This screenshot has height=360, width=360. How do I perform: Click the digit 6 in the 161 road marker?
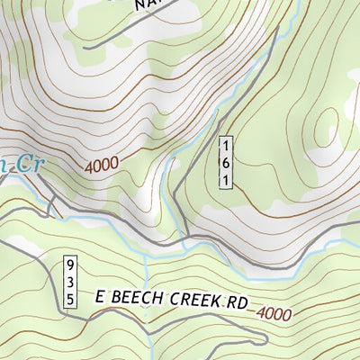click(x=229, y=161)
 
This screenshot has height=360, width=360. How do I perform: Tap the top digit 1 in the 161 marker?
click(x=229, y=145)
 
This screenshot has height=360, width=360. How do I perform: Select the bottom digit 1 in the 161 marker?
click(x=229, y=178)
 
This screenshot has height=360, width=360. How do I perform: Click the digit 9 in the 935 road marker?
click(x=69, y=265)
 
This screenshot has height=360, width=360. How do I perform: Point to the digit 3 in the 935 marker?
click(x=69, y=282)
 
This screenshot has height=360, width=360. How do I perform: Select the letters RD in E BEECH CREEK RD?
click(x=235, y=304)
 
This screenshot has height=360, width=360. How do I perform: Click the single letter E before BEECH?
click(x=102, y=295)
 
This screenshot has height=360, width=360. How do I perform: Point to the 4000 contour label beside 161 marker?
click(x=102, y=166)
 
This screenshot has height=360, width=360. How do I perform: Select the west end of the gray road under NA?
click(x=85, y=46)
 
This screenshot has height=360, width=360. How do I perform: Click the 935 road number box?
click(x=69, y=282)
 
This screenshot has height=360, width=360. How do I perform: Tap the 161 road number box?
click(x=229, y=161)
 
